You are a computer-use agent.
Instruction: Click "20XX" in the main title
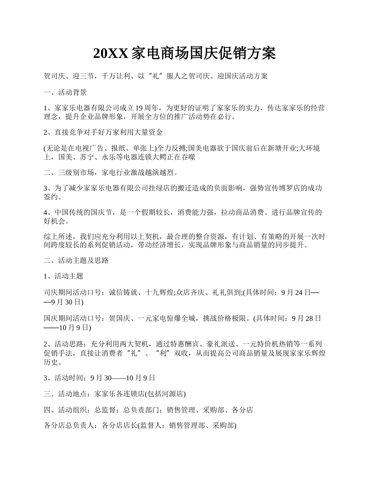[111, 53]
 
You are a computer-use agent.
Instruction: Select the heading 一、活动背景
[65, 92]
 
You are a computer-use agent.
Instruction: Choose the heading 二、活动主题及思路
[76, 260]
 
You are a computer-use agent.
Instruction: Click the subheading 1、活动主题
[64, 276]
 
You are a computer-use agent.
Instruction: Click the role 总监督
[105, 410]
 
